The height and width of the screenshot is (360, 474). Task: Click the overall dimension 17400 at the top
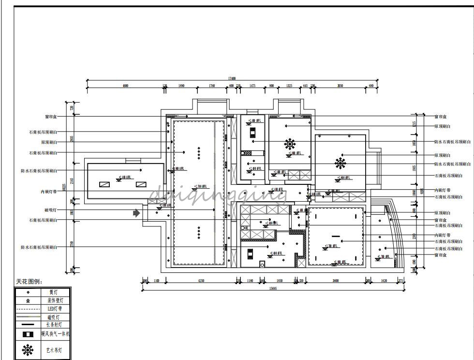pos(232,78)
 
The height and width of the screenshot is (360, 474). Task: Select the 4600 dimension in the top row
pos(125,86)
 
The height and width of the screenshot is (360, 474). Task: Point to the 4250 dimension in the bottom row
pos(201,281)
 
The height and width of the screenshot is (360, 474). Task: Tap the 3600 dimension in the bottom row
pos(335,281)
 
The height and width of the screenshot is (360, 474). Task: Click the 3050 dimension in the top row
pos(340,86)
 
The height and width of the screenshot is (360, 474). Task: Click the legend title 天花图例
pos(29,282)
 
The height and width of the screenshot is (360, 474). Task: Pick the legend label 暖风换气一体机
pos(55,334)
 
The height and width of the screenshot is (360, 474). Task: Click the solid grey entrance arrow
pos(137,212)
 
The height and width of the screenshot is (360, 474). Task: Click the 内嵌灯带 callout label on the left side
pos(48,192)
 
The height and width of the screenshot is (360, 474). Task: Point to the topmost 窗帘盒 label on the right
pos(441,117)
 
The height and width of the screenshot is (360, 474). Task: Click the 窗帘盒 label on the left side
pos(50,117)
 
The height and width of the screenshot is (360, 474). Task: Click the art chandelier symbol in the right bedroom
pos(340,163)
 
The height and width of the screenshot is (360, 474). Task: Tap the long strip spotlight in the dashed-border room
pos(336,237)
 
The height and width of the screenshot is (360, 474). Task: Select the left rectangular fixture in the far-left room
pos(104,184)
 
